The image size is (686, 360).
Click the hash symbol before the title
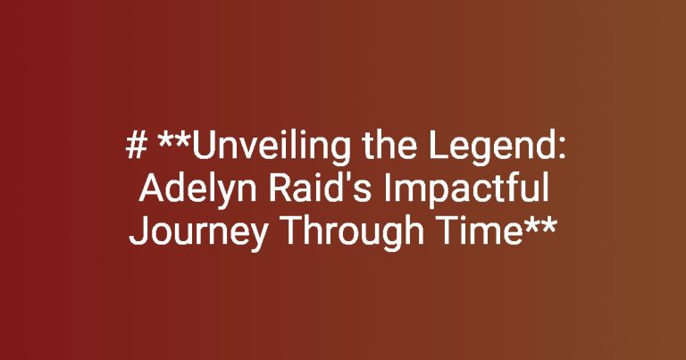coord(136,146)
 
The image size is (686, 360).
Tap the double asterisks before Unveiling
coord(174,140)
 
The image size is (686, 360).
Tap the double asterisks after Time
coord(540,226)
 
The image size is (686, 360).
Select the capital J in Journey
coord(137,231)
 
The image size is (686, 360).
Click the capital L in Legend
coord(438,146)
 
